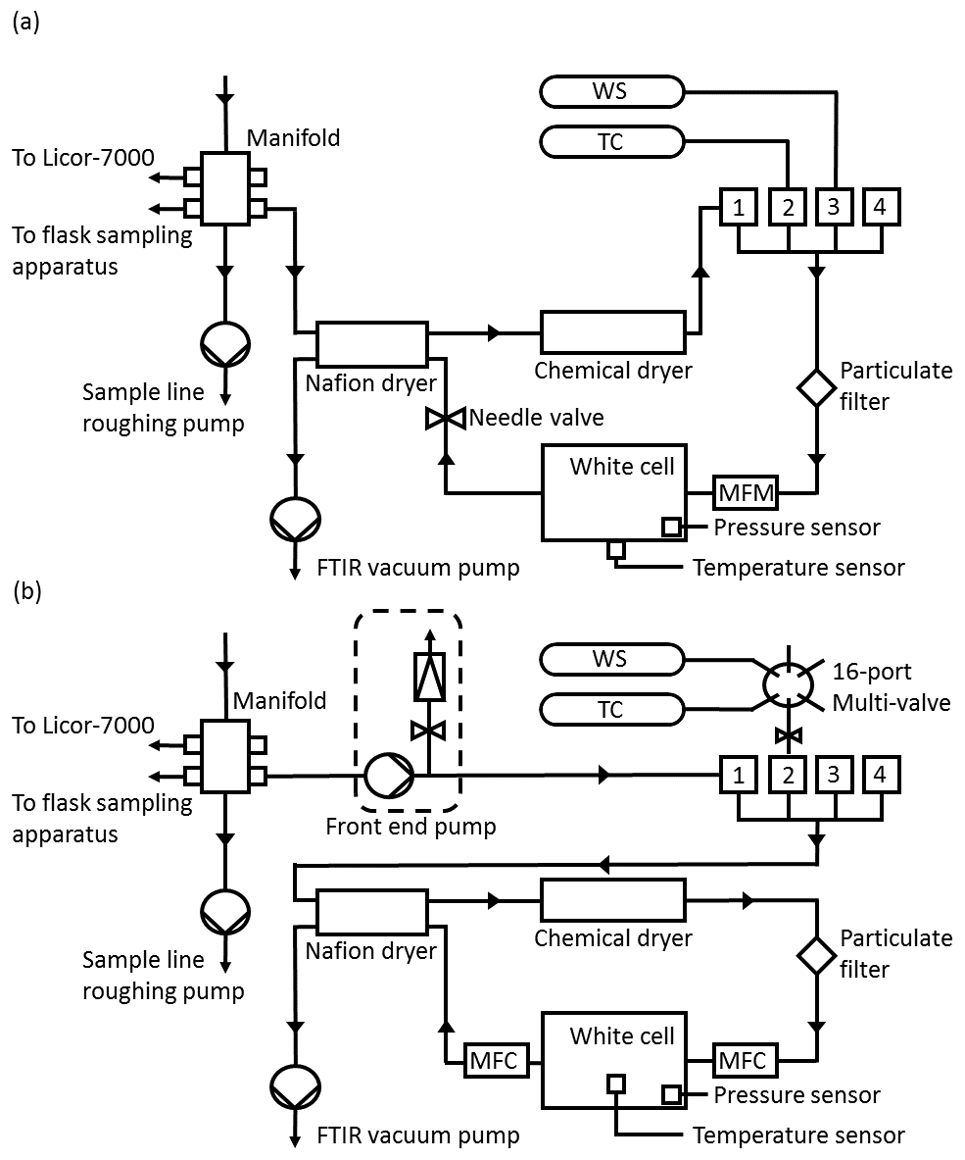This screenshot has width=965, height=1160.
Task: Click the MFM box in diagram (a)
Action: (746, 492)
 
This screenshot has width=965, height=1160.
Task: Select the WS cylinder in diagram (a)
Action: (611, 92)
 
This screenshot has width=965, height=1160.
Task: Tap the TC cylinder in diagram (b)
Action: (611, 710)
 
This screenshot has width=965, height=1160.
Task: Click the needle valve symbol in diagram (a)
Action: (446, 418)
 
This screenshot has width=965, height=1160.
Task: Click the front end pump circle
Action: (389, 776)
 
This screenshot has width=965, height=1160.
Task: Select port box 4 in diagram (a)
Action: (880, 206)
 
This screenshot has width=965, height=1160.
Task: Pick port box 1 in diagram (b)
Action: (738, 775)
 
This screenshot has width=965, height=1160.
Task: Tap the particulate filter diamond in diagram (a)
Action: (816, 387)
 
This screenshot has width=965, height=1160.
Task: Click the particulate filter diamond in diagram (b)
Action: (816, 956)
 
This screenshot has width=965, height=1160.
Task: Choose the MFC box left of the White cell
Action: (494, 1060)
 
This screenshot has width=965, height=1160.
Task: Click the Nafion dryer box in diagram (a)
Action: (371, 344)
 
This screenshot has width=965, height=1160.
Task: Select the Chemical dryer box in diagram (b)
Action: (613, 900)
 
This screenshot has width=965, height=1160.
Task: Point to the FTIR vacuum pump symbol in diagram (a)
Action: (295, 519)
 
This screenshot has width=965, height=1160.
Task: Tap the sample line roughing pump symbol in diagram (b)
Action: (225, 912)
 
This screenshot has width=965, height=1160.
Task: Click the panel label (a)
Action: (25, 23)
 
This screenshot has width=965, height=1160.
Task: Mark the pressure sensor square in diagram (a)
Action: (671, 527)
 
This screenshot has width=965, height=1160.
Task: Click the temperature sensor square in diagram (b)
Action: (615, 1084)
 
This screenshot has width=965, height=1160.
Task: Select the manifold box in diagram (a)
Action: (225, 188)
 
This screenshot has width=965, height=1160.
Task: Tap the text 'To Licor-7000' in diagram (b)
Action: (83, 725)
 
